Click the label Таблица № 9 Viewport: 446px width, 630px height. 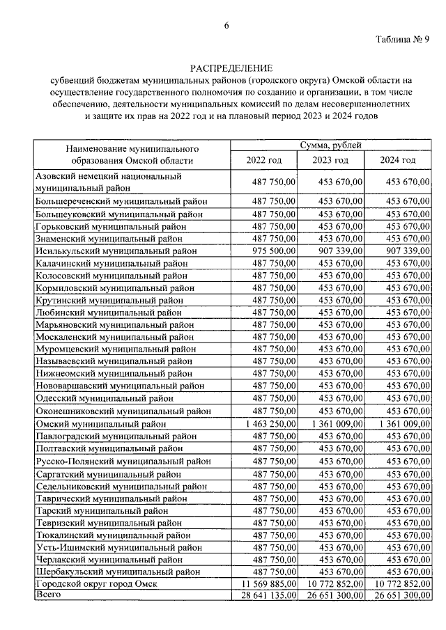[x=403, y=39]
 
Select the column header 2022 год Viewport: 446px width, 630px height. [x=264, y=160]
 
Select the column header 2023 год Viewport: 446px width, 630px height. [x=330, y=160]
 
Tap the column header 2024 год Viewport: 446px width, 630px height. [x=397, y=160]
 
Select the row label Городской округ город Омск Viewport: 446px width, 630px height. [x=97, y=583]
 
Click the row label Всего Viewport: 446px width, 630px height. [x=49, y=595]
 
